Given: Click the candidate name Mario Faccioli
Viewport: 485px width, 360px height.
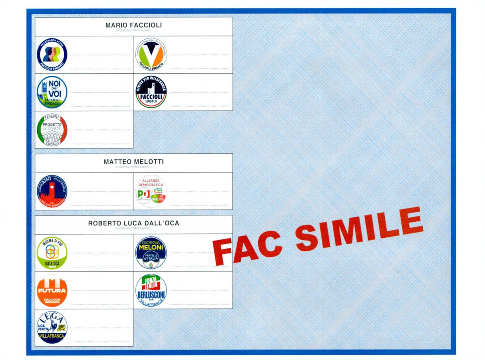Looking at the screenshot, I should coord(133,25).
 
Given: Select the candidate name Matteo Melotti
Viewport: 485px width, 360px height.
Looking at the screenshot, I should coord(133,162).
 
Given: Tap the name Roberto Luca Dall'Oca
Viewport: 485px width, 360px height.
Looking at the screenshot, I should coord(133,223).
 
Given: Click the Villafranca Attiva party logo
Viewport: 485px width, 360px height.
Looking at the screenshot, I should coord(52,54).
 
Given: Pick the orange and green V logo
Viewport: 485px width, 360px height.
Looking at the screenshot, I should coord(151,54).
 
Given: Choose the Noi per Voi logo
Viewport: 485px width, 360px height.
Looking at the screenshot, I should coord(52,92).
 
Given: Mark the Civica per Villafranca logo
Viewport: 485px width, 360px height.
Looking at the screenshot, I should coord(151,92).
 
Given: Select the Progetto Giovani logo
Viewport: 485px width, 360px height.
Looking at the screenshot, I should coord(52,130).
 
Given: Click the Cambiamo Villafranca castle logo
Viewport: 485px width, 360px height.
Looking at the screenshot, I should coord(52,191).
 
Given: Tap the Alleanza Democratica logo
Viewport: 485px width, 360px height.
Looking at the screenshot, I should coord(151,191).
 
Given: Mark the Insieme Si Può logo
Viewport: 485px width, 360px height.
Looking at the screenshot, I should coord(52,252).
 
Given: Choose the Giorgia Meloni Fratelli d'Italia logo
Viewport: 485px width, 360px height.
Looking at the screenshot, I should coord(151,252).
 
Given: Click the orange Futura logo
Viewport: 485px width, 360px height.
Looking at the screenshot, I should coord(52,290).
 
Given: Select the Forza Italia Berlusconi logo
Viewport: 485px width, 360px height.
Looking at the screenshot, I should coord(151,290).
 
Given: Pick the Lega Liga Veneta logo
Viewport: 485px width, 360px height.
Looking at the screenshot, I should coord(52,327).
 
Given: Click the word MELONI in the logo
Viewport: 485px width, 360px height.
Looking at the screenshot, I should coord(151,248).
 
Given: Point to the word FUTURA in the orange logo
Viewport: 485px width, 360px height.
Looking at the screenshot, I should coord(52,290).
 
